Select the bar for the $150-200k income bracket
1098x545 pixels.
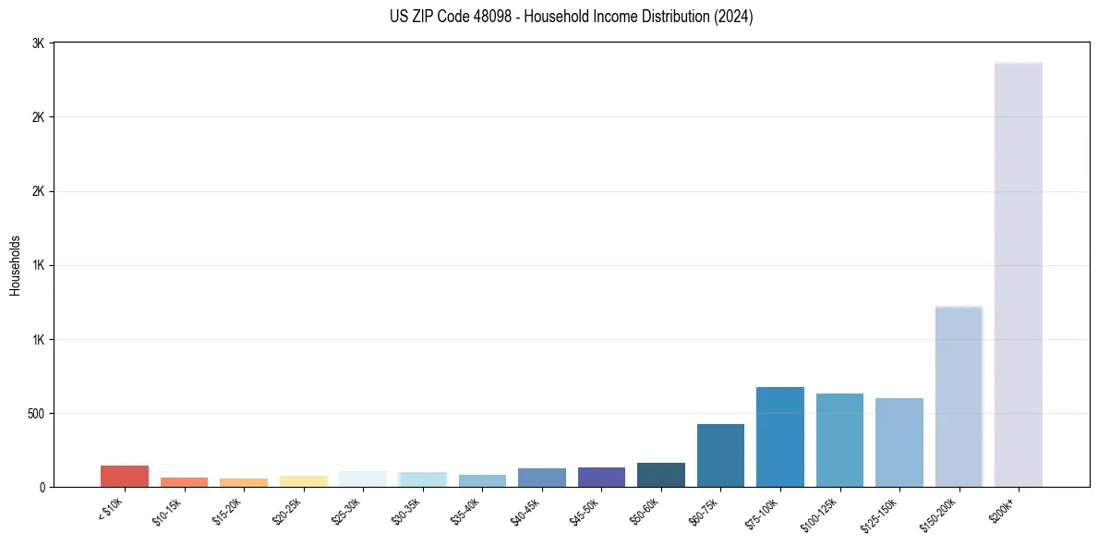pyautogui.click(x=959, y=396)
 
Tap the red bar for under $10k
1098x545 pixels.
pyautogui.click(x=125, y=476)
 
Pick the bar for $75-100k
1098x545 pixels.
pyautogui.click(x=780, y=437)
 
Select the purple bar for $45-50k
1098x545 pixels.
pyautogui.click(x=601, y=477)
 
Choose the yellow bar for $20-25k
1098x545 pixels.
pyautogui.click(x=304, y=481)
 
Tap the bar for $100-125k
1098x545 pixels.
pyautogui.click(x=839, y=441)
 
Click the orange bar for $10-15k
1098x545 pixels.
pyautogui.click(x=185, y=482)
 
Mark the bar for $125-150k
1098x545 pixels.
pyautogui.click(x=899, y=442)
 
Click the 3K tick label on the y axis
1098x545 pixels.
pyautogui.click(x=38, y=43)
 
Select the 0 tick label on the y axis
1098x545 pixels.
pyautogui.click(x=42, y=487)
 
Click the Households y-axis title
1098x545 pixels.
pyautogui.click(x=16, y=265)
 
